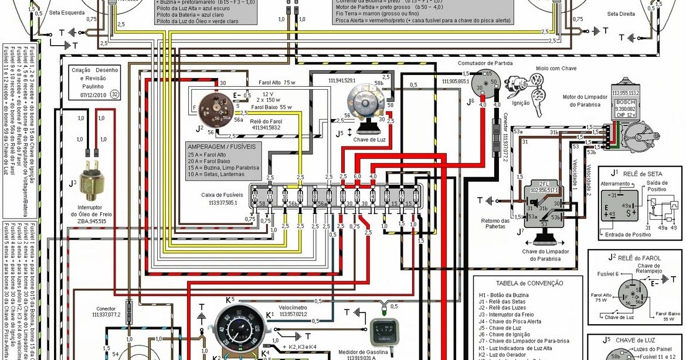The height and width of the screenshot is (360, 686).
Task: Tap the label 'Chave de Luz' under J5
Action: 369,140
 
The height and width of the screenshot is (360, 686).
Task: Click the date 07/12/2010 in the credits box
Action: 93,93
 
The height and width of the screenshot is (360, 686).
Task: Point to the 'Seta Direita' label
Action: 621,14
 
